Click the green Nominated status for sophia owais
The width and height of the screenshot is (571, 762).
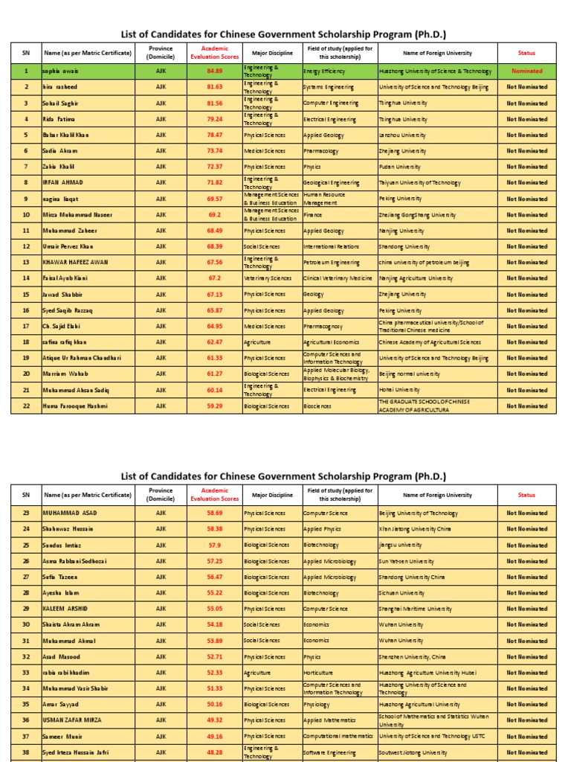pyautogui.click(x=526, y=71)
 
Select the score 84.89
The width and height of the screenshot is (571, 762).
pyautogui.click(x=215, y=71)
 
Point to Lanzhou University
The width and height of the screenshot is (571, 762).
pyautogui.click(x=402, y=135)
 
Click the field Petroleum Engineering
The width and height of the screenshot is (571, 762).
pyautogui.click(x=332, y=263)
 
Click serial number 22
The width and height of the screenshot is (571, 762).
pyautogui.click(x=26, y=406)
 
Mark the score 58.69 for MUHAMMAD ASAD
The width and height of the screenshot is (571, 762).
pyautogui.click(x=215, y=513)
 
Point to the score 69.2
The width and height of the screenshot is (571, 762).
pyautogui.click(x=215, y=215)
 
